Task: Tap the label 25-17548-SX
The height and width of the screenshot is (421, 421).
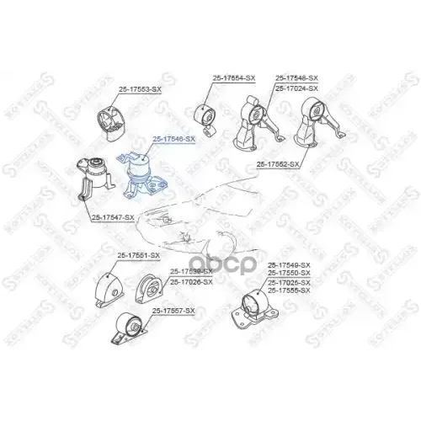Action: click(296, 77)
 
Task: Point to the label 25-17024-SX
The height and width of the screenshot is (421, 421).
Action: click(296, 88)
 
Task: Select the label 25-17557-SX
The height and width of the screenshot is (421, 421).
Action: click(173, 311)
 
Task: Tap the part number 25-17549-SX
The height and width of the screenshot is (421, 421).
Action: click(289, 265)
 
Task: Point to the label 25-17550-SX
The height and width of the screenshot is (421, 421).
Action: click(289, 274)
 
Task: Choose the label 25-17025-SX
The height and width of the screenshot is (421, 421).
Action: click(289, 282)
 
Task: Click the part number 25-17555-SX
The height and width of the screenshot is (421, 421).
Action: click(289, 290)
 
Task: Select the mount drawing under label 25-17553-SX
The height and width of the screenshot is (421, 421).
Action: click(109, 120)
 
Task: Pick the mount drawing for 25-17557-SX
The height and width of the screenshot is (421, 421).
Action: click(129, 329)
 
